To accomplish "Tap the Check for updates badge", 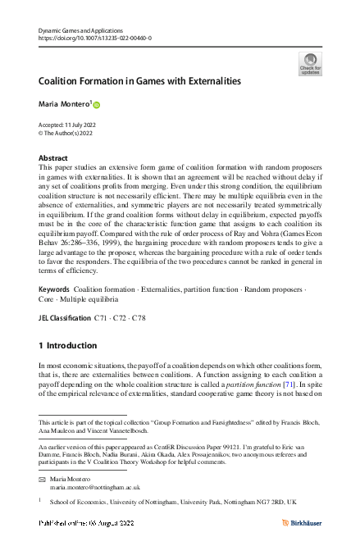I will point(312,63).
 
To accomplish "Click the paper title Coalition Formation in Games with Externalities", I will point(140,82).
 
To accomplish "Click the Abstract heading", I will point(54,157).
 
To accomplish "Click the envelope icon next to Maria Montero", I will point(43,478).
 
